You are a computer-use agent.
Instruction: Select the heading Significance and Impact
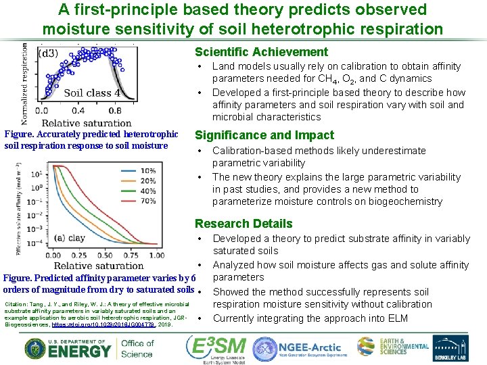tap(264, 135)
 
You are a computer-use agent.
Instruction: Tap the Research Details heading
tap(243, 224)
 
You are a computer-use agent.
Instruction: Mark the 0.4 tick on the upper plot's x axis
tap(78, 111)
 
